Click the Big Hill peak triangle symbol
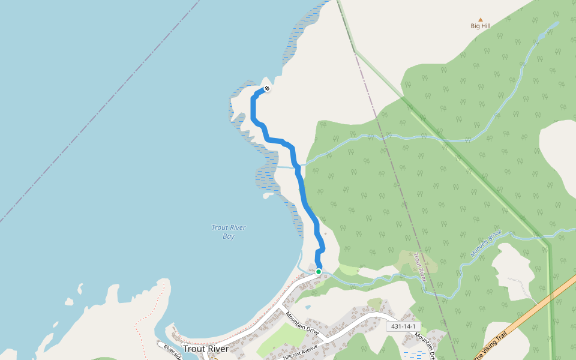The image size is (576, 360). click(480, 19)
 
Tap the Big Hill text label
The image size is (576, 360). click(480, 26)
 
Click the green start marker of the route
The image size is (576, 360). click(319, 272)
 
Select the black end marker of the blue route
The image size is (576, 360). click(266, 89)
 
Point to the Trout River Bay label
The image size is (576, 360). click(229, 232)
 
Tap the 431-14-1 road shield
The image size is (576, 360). click(403, 326)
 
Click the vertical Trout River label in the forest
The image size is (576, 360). click(419, 267)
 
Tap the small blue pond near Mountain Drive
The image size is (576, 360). click(308, 307)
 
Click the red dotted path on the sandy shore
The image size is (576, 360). click(139, 324)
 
